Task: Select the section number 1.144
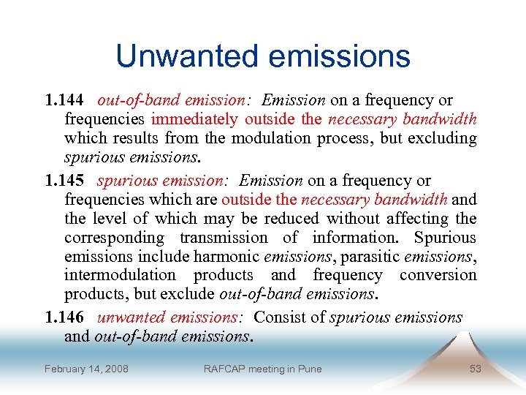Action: click(64, 100)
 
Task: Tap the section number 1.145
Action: click(64, 181)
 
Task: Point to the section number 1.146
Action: click(64, 317)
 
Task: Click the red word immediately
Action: click(194, 119)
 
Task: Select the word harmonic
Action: click(227, 257)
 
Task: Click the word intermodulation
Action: click(121, 276)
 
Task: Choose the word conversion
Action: click(438, 276)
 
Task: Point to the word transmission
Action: click(224, 238)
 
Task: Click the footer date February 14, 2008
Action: click(86, 369)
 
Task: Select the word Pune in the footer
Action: click(310, 369)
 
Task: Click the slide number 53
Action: click(476, 369)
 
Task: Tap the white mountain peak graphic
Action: click(465, 345)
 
